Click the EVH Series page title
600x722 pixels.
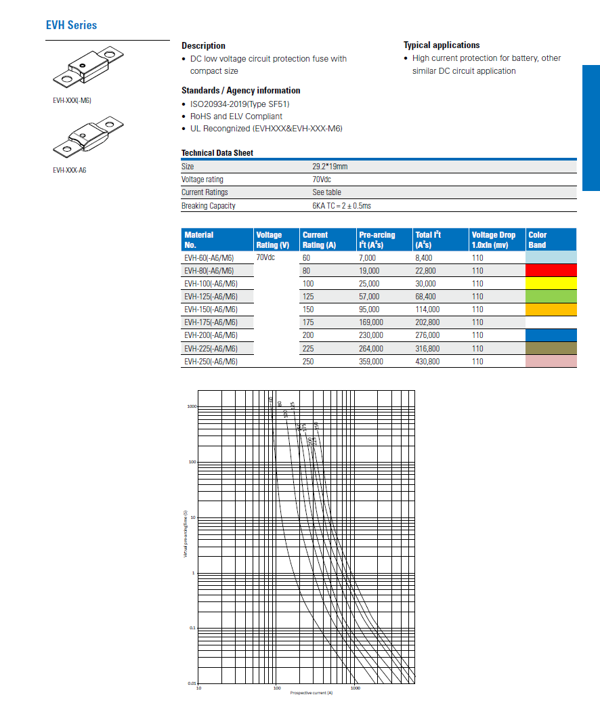(x=71, y=25)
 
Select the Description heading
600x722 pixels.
(x=203, y=45)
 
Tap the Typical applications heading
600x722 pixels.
(x=442, y=45)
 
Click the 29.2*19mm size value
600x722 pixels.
(x=330, y=167)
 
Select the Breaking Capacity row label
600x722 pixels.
(x=209, y=206)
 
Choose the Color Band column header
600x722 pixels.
(x=537, y=240)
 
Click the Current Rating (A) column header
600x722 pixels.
(x=319, y=240)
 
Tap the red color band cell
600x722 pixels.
(x=551, y=271)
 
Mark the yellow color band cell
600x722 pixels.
(x=551, y=284)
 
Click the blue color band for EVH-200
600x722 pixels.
(x=551, y=335)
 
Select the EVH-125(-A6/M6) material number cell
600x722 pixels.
(x=211, y=297)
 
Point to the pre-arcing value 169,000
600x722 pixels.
(x=371, y=322)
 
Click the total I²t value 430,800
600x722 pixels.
(x=427, y=362)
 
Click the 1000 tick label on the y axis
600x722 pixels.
(x=191, y=406)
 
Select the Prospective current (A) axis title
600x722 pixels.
(x=312, y=693)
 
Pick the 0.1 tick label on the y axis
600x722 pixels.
(x=192, y=629)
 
